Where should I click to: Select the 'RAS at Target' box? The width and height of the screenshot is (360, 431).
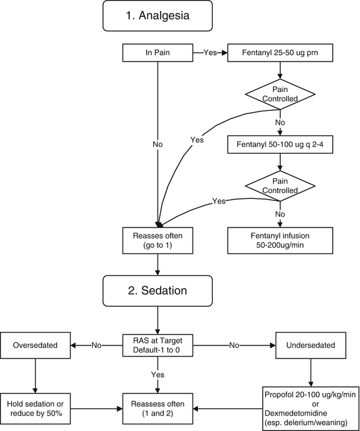tap(157, 346)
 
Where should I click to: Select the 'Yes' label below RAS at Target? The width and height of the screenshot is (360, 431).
tap(157, 374)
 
